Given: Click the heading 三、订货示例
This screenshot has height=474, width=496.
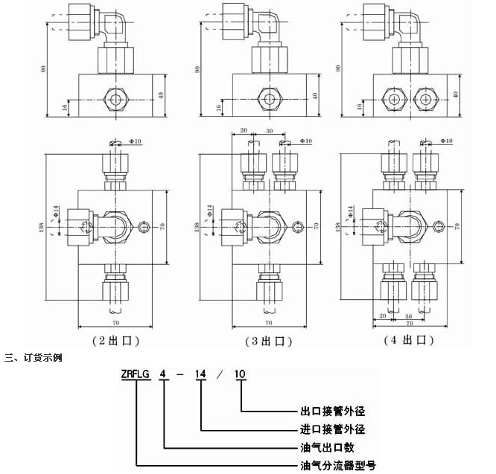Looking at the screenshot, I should (33, 357).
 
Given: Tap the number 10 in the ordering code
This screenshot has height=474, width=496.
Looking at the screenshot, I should (241, 374).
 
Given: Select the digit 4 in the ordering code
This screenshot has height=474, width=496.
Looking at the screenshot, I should (165, 374).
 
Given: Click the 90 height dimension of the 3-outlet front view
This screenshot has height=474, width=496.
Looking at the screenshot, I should (197, 68).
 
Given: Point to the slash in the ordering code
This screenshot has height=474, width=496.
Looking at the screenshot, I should (221, 374).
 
